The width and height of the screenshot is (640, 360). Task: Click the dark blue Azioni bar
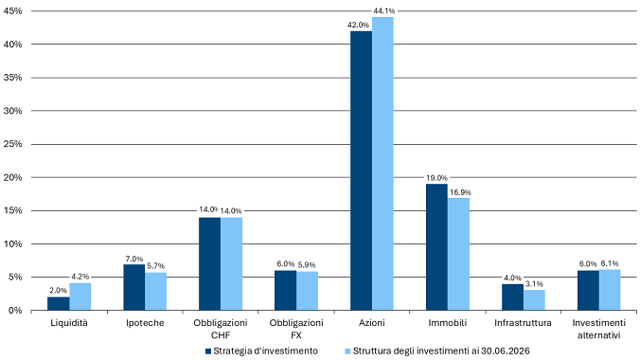click(362, 171)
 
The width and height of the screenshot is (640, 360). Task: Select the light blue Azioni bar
click(382, 164)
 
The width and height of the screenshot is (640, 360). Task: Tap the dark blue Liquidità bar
click(59, 303)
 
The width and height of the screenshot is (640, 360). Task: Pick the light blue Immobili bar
click(458, 254)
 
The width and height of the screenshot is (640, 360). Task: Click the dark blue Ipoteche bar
click(134, 287)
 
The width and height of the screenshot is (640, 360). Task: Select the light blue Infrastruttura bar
click(534, 300)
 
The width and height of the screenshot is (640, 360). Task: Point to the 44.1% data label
click(384, 11)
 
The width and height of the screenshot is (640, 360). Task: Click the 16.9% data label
click(460, 192)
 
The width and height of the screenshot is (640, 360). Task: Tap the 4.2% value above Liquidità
click(80, 277)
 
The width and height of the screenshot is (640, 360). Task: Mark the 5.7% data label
click(156, 266)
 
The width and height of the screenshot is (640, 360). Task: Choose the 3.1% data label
click(534, 283)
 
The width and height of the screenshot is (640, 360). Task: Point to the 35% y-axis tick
click(12, 78)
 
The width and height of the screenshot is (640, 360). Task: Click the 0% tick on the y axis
click(15, 311)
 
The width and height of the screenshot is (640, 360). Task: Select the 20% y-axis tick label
click(12, 178)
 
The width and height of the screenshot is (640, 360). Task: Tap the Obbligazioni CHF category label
click(221, 329)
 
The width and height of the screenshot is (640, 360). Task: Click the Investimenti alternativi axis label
click(598, 329)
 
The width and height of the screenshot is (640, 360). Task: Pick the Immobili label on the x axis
click(448, 323)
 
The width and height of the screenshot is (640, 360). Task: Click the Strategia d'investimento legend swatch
click(208, 351)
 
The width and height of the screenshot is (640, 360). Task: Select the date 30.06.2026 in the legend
click(506, 351)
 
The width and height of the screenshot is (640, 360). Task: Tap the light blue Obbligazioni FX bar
click(308, 291)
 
